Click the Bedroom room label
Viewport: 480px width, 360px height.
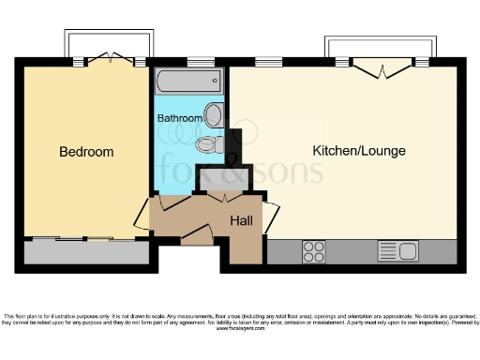click(86, 152)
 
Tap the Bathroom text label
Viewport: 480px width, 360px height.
click(179, 119)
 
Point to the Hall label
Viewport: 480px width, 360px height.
click(242, 221)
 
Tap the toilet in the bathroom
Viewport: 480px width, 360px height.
click(209, 145)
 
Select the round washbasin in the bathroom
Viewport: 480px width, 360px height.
click(214, 115)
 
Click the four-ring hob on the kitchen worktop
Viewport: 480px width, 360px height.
click(314, 250)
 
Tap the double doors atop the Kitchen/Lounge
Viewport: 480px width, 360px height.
click(382, 66)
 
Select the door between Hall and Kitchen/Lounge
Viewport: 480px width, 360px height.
click(271, 217)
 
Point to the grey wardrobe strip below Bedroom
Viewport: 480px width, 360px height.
click(85, 251)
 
